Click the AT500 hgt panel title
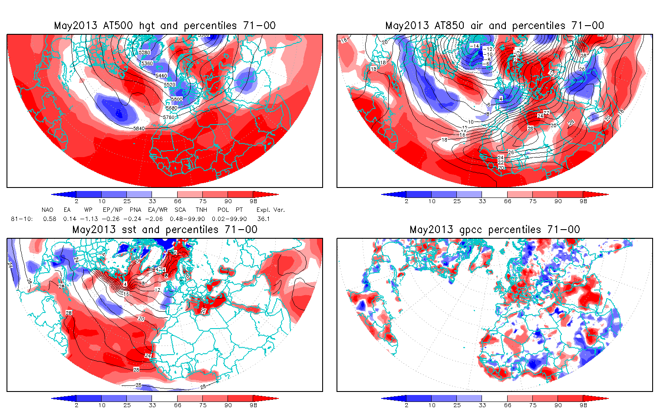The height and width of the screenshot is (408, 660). [x=165, y=26]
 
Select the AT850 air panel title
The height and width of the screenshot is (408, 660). [x=495, y=26]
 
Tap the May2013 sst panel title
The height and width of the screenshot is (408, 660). [x=165, y=230]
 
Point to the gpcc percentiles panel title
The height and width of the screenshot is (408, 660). [x=495, y=230]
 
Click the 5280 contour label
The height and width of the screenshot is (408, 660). [x=145, y=53]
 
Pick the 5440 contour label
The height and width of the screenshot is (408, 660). [x=161, y=76]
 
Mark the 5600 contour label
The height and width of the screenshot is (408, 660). [x=177, y=99]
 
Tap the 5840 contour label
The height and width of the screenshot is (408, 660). [x=139, y=128]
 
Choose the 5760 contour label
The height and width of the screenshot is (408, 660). [x=168, y=117]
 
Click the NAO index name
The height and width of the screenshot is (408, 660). [x=47, y=210]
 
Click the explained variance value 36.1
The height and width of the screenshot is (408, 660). [x=263, y=219]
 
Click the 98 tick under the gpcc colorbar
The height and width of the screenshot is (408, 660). [x=583, y=405]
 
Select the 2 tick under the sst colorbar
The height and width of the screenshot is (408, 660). [x=76, y=405]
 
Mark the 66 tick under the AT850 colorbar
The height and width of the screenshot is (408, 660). [x=508, y=201]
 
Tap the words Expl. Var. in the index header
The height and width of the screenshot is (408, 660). [x=271, y=210]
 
